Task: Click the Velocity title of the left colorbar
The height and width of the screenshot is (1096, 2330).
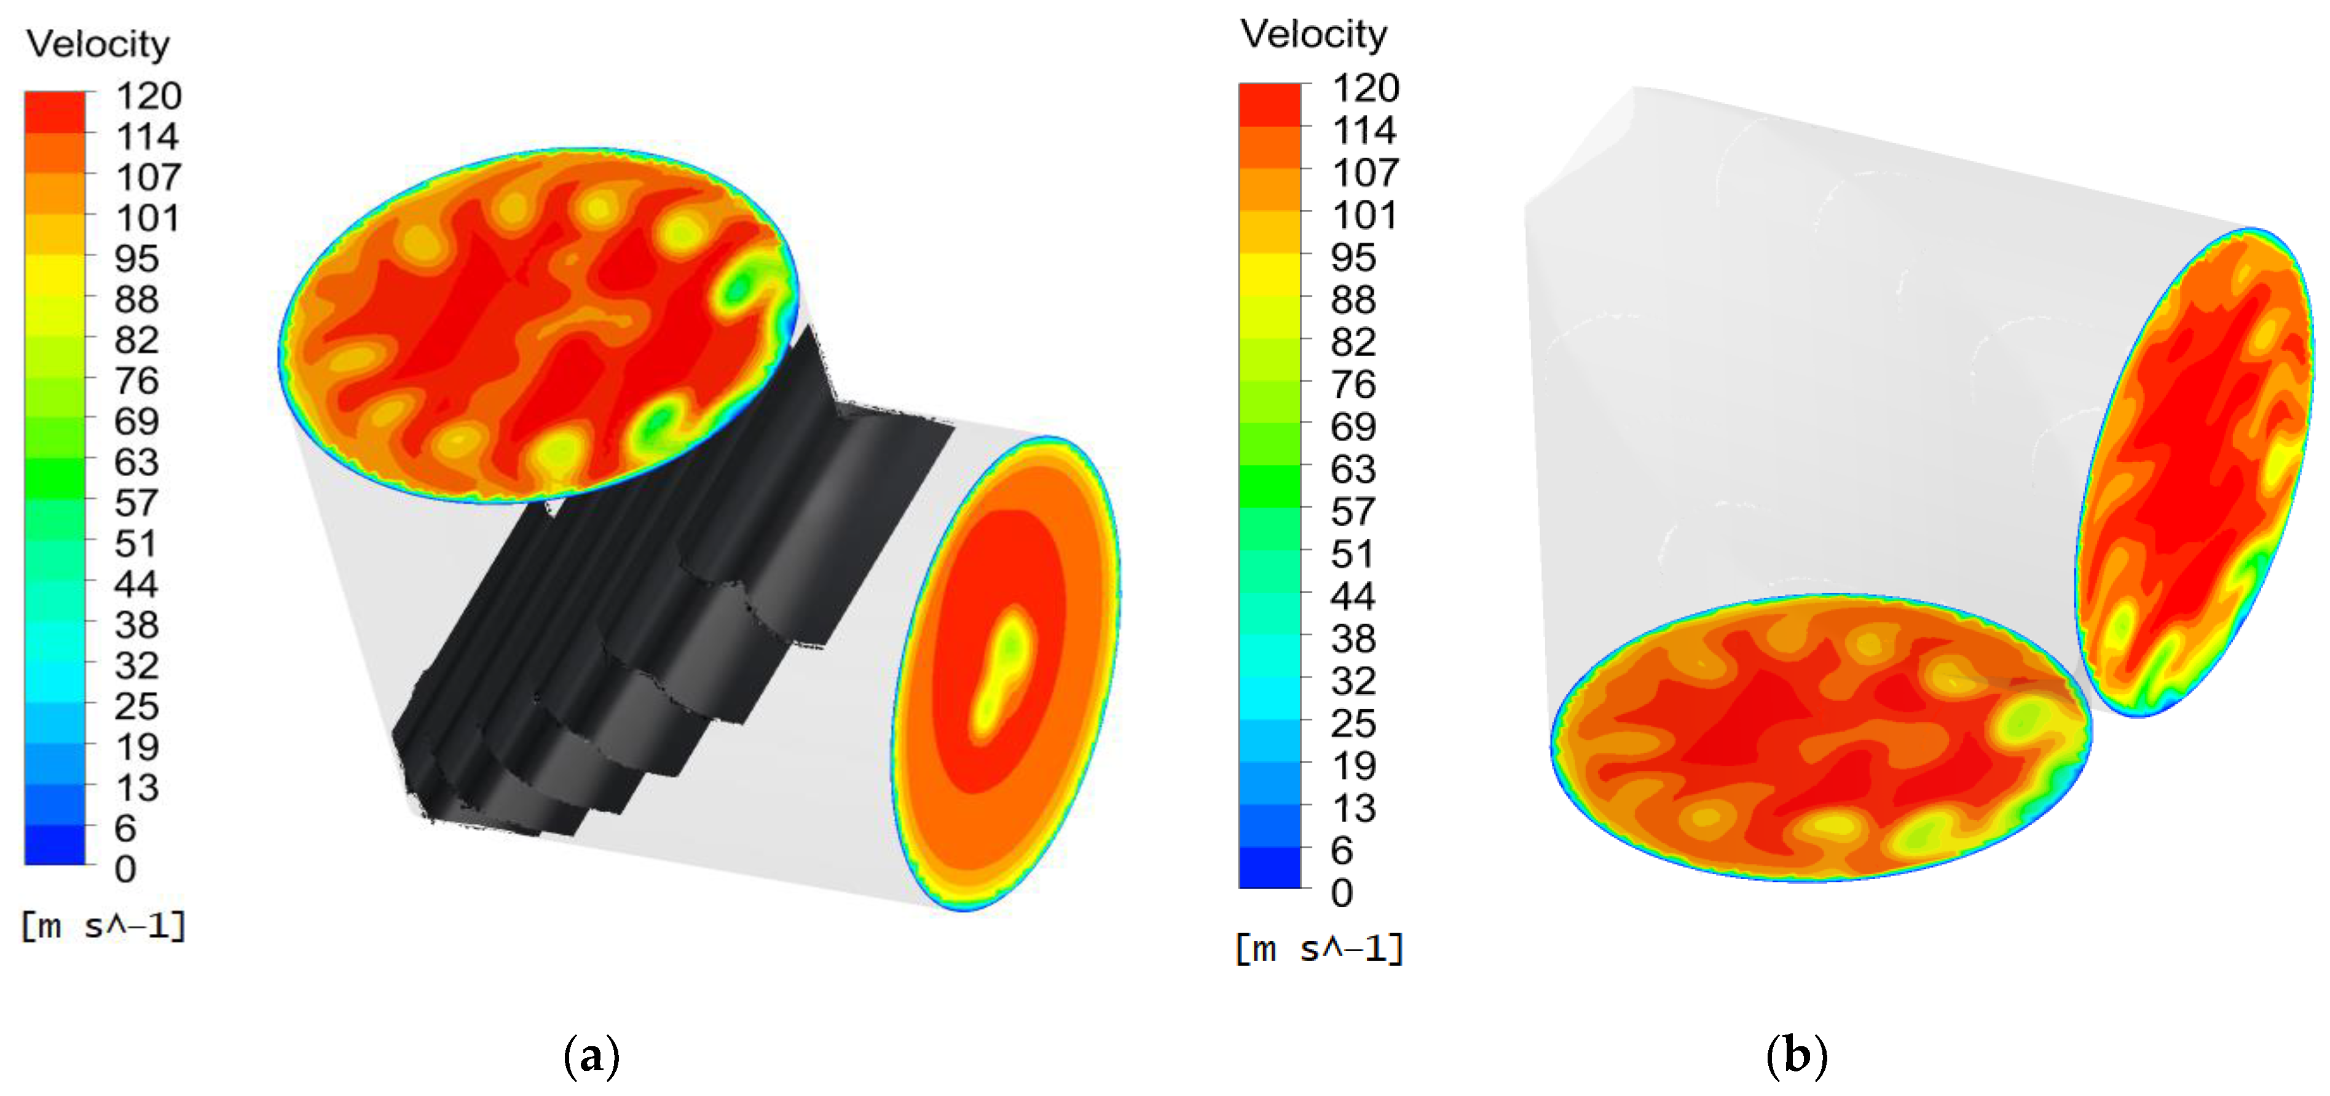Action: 98,44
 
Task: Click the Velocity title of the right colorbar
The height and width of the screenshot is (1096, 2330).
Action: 1313,34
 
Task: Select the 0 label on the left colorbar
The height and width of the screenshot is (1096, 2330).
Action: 126,869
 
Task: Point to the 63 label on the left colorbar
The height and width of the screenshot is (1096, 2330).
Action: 136,462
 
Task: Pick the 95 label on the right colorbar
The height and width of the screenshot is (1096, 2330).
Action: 1353,258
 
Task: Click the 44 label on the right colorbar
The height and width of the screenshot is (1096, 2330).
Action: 1353,596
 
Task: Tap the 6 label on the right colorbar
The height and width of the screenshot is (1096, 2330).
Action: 1342,850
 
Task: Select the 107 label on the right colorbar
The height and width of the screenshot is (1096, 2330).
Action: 1366,173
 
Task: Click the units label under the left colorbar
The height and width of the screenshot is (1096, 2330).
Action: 103,926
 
